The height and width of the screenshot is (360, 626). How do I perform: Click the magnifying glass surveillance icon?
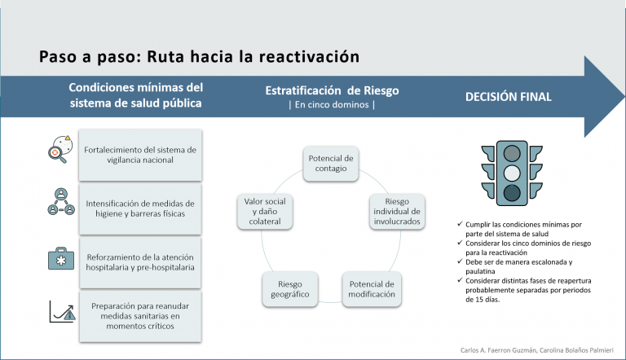[x=60, y=149]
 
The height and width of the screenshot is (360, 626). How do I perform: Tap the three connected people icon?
[x=61, y=202]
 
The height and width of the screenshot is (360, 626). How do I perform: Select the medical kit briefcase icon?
[x=61, y=259]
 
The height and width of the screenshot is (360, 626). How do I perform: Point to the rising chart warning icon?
[x=62, y=311]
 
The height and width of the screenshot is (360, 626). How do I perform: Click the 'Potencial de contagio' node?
[x=331, y=163]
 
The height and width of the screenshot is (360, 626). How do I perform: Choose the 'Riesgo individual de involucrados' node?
[x=397, y=212]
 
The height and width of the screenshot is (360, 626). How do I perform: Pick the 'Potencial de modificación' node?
[x=372, y=289]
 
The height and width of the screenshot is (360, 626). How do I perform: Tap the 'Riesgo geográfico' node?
[x=290, y=289]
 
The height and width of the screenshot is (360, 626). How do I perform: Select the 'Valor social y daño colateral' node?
[x=265, y=212]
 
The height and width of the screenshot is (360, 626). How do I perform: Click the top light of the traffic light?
[x=512, y=153]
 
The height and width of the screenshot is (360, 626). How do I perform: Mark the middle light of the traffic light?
[x=512, y=173]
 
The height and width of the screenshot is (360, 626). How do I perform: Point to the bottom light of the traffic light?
[x=512, y=193]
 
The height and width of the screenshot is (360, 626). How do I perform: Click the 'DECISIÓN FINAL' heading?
[x=509, y=97]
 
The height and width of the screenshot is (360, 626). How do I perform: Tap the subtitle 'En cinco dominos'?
[x=332, y=105]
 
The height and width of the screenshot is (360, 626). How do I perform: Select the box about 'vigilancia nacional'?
[x=140, y=155]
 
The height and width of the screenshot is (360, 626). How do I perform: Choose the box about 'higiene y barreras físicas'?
[x=140, y=209]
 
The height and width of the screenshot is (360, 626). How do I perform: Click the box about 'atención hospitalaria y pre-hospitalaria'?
[x=140, y=262]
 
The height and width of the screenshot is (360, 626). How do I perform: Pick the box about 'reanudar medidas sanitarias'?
[x=140, y=316]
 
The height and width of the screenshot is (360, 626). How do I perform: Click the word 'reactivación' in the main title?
[x=310, y=56]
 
